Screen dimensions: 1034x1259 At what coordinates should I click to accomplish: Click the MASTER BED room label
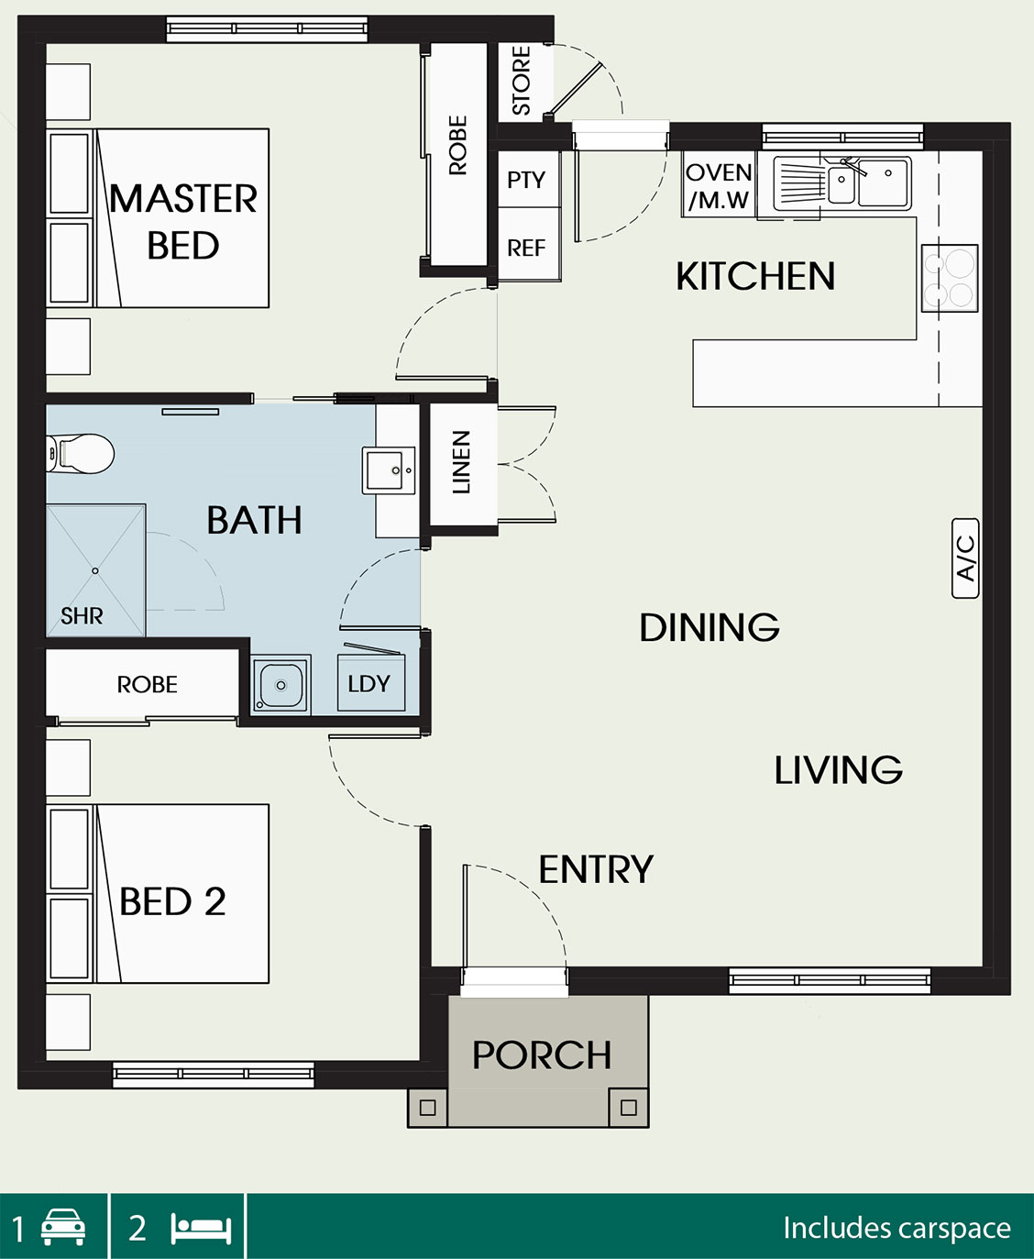pos(183,222)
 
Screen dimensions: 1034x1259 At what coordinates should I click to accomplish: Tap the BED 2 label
pos(172,901)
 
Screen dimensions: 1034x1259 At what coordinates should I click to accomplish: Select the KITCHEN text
pos(755,276)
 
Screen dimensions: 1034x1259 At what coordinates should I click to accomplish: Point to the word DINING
pos(709,627)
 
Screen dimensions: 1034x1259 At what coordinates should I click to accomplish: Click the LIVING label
pos(839,769)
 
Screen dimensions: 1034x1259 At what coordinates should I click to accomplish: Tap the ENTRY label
pos(596,869)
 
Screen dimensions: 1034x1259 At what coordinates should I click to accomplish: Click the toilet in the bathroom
pos(80,454)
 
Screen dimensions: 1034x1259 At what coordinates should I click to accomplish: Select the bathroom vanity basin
pos(389,470)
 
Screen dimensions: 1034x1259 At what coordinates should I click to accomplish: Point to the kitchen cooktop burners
pos(950,278)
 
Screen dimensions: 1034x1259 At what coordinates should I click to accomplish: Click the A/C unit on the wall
pos(964,558)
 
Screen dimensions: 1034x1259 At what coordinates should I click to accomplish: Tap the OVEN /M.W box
pos(719,184)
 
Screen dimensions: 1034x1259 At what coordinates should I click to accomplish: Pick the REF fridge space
pos(526,248)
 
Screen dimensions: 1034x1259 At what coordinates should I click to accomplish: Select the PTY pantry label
pos(526,180)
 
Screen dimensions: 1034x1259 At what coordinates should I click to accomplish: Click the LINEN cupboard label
pos(461,462)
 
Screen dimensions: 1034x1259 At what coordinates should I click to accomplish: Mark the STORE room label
pos(521,81)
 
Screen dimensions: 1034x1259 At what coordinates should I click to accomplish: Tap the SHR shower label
pos(82,615)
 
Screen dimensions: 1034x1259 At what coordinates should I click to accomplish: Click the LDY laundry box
pos(371,683)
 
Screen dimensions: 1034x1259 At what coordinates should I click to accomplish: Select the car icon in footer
pos(63,1227)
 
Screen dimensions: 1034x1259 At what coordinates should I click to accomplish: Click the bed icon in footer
pos(201,1229)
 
